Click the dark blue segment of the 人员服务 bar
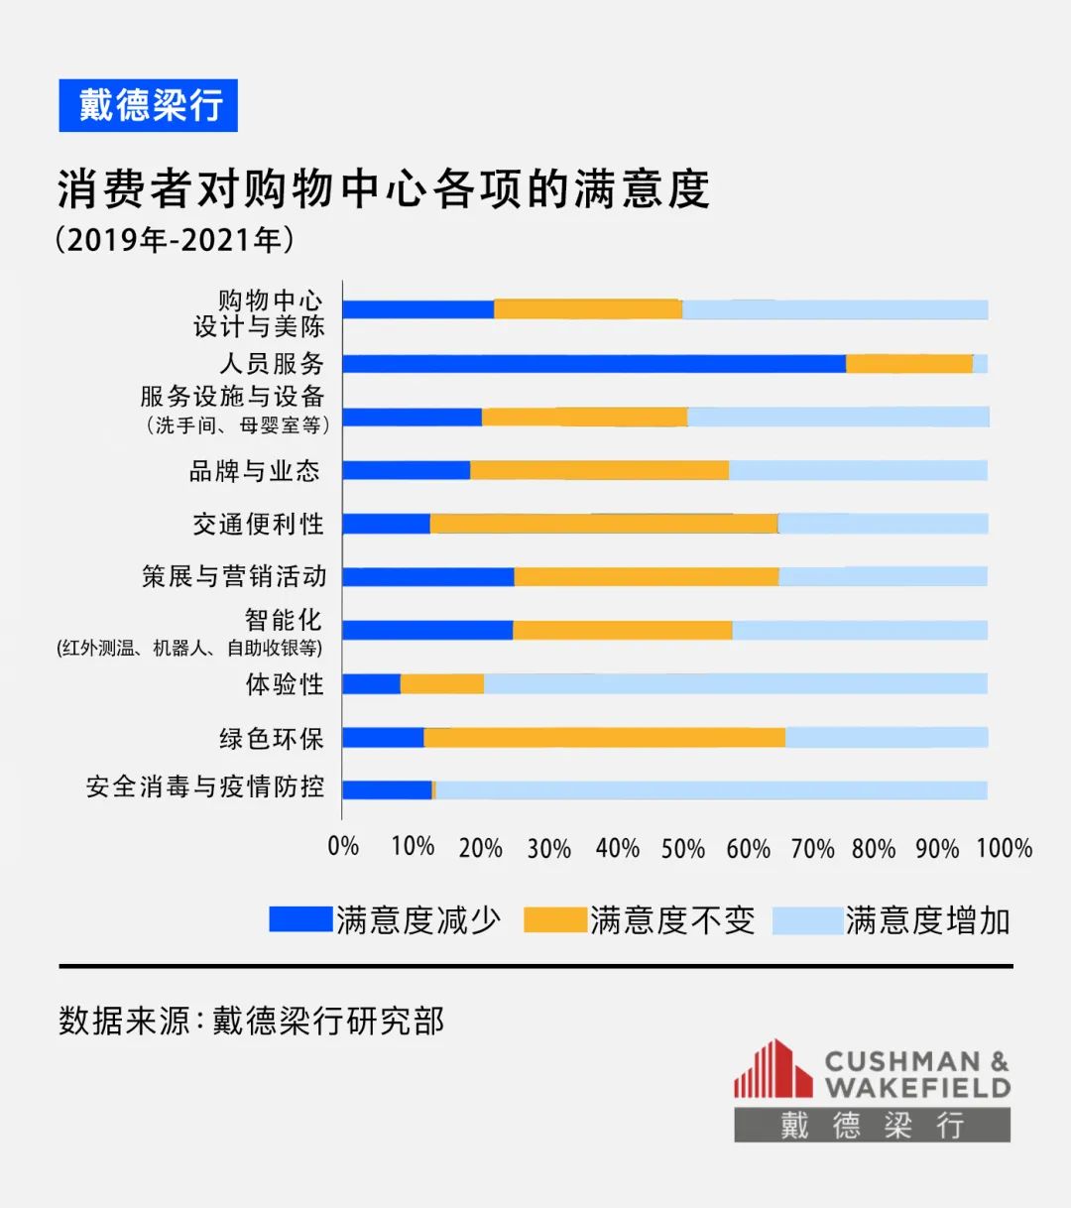[593, 364]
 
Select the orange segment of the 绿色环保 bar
[604, 737]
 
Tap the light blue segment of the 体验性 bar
[735, 683]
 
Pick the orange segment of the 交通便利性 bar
[604, 524]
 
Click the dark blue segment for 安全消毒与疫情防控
[387, 789]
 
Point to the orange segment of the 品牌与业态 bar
[599, 470]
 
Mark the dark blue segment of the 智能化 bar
[427, 630]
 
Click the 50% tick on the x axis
[682, 848]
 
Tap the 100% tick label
[1004, 848]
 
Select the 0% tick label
[343, 846]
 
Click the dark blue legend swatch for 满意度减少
[300, 919]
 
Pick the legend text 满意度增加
[927, 920]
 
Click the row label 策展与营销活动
[234, 576]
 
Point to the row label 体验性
[285, 684]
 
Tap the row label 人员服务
[271, 364]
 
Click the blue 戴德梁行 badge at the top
[149, 105]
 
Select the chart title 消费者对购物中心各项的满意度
[383, 188]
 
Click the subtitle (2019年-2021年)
[175, 240]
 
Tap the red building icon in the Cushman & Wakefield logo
[773, 1070]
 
